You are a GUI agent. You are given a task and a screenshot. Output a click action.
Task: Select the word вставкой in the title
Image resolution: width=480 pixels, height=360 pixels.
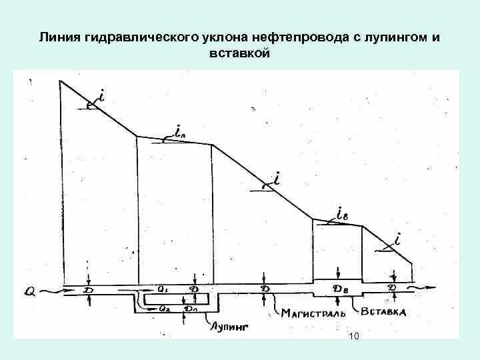(x=240, y=54)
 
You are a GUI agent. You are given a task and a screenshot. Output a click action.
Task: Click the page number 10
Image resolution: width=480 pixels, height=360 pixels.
(x=353, y=337)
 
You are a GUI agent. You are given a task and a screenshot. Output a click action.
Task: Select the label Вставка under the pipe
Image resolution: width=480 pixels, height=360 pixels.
(x=383, y=311)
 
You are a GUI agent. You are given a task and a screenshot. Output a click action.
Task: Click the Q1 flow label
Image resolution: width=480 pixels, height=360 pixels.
(x=163, y=289)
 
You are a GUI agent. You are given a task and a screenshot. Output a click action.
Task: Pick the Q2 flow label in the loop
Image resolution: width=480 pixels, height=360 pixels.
(x=163, y=308)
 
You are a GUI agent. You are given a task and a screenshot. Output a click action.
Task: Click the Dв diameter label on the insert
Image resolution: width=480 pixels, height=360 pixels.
(x=340, y=289)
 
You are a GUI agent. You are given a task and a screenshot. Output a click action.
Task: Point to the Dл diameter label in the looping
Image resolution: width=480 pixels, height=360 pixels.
(x=191, y=308)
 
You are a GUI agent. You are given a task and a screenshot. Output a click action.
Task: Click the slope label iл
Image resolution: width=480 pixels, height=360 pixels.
(x=180, y=132)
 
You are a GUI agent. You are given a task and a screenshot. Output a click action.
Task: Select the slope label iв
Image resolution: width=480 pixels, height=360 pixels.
(x=341, y=215)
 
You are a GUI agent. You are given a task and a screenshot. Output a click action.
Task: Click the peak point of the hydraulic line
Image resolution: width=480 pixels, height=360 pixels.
(x=61, y=81)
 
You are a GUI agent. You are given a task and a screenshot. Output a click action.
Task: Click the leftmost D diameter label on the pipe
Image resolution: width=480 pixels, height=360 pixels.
(x=89, y=290)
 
